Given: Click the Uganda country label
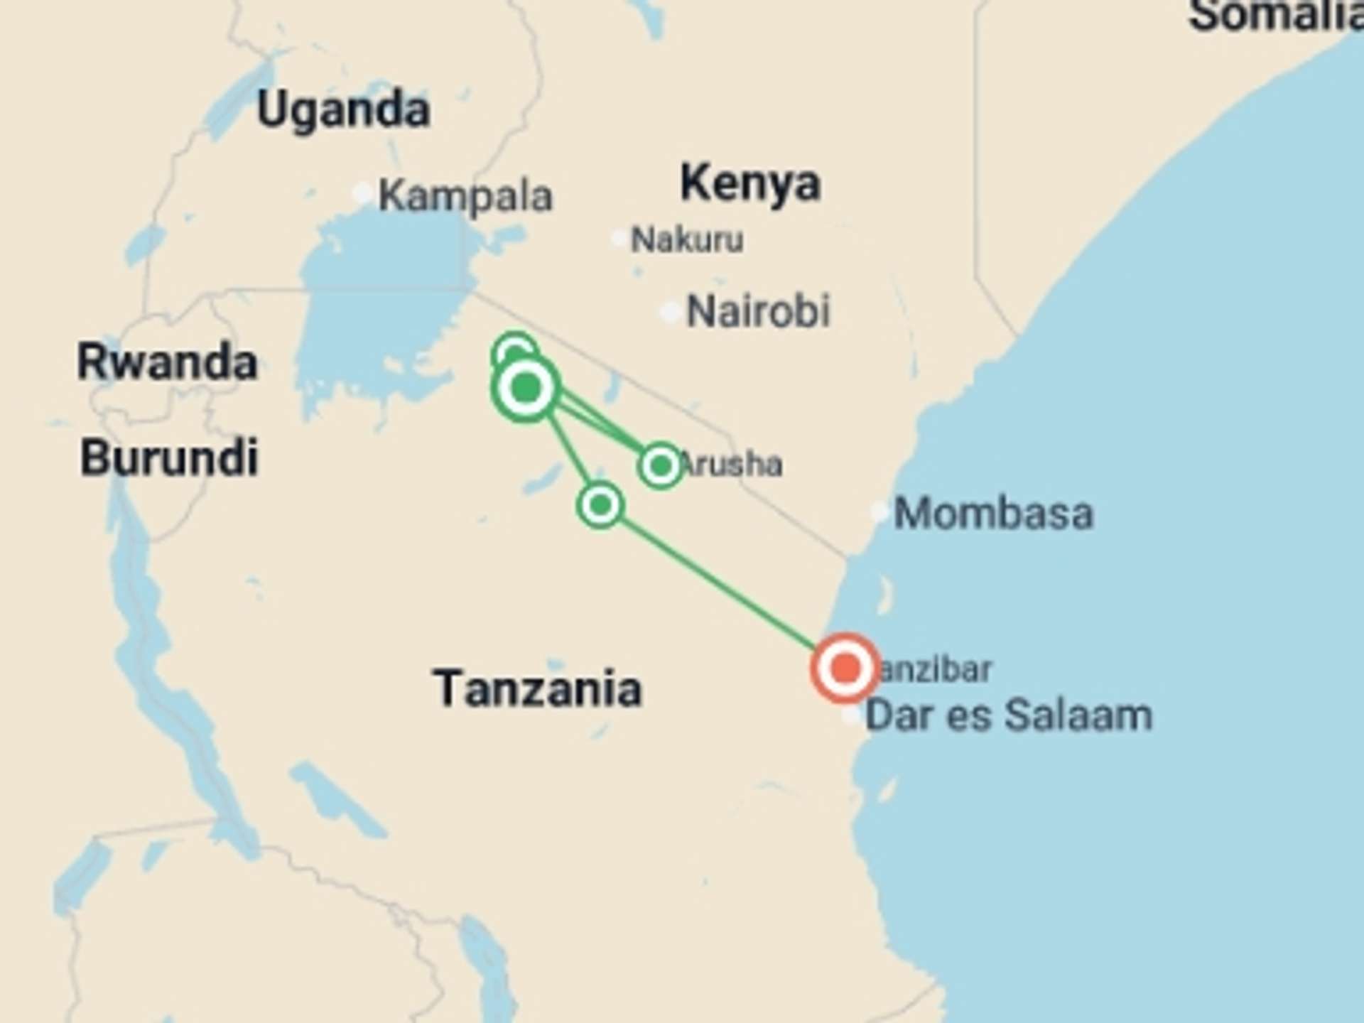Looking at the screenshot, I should point(344,110).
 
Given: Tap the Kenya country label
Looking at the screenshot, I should point(750,183).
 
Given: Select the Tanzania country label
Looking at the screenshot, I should point(538,688).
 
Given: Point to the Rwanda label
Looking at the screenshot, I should point(167,362).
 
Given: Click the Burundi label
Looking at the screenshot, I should point(169,458).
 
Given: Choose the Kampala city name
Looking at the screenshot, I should point(465,196).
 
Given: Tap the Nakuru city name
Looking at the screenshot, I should point(688,240).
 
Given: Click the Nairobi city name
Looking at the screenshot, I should point(759,311).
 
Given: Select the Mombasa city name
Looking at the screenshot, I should point(993,513).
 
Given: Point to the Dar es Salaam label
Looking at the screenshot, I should point(1009,715).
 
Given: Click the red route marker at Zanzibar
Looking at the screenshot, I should point(845,668).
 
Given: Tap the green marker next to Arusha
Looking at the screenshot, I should point(661,466).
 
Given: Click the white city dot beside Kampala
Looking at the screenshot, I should point(363,193).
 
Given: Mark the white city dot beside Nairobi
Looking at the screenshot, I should point(670,312).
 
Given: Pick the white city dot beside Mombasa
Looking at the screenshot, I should point(879,511).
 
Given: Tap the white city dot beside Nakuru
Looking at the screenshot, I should point(619,238).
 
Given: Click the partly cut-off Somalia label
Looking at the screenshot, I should point(1275,16).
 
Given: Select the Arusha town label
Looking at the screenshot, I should point(732,465).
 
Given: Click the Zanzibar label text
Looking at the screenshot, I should point(935,670).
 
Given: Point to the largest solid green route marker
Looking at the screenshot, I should point(526,388).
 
